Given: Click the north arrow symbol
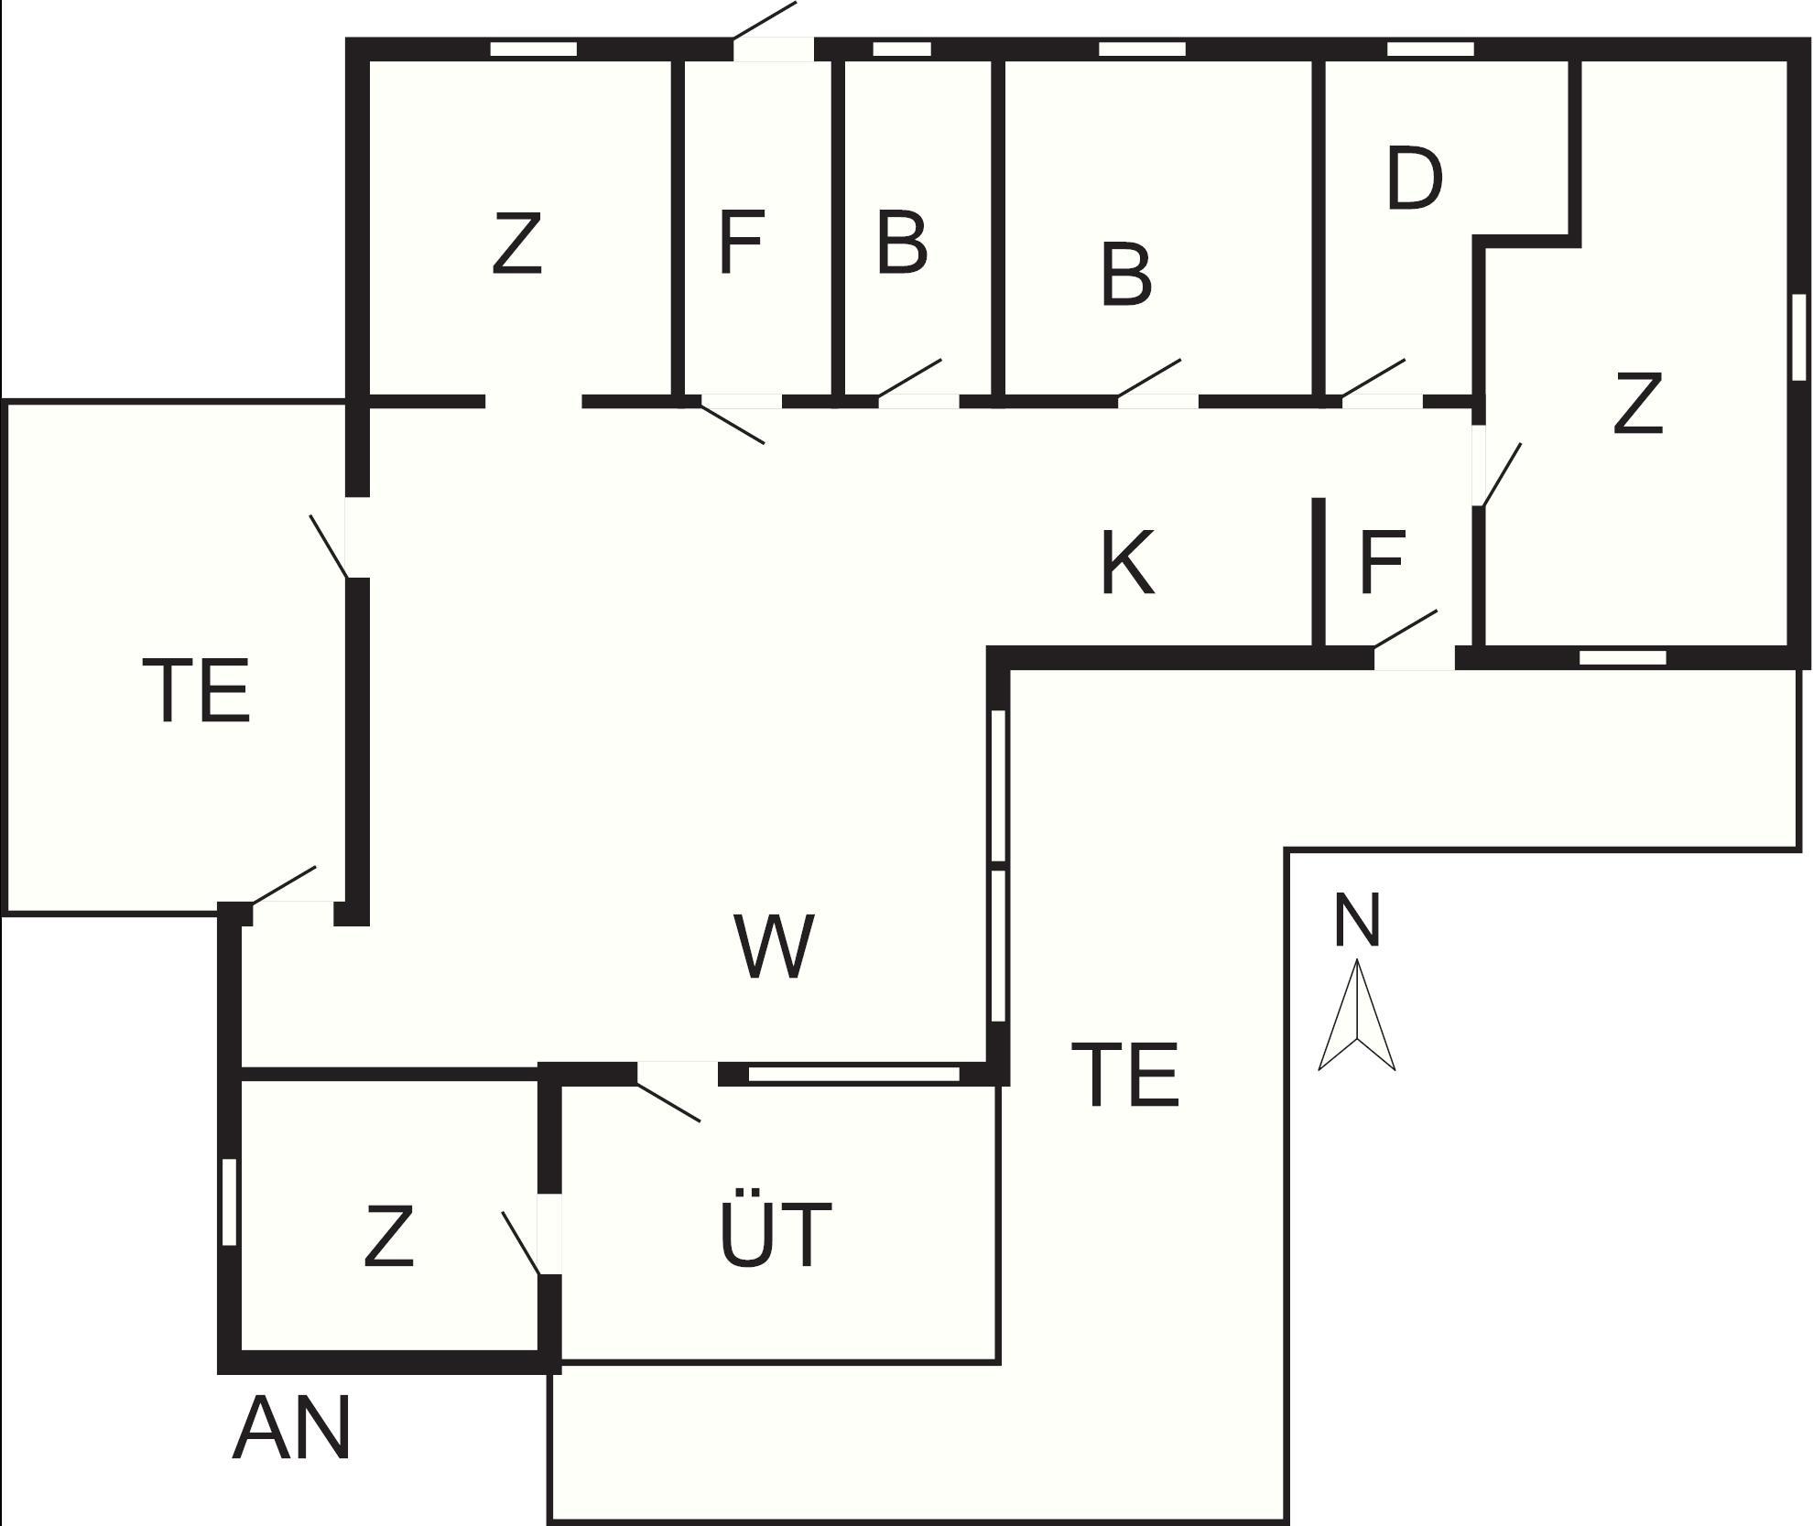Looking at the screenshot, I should [x=1356, y=1017].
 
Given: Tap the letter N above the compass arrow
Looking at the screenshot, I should [x=1356, y=920].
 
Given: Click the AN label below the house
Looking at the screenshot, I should [x=292, y=1430].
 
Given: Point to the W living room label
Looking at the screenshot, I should [x=774, y=947].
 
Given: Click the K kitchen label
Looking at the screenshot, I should [x=1126, y=563].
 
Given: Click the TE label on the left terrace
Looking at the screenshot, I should [x=196, y=691].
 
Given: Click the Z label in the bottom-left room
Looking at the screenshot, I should [x=389, y=1237].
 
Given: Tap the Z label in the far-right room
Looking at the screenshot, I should [x=1637, y=403].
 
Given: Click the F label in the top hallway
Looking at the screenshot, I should [x=741, y=243].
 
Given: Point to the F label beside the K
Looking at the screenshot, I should [x=1382, y=563].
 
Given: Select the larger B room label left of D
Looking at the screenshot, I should [x=1126, y=275].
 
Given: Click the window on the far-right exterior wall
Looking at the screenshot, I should [x=1798, y=337].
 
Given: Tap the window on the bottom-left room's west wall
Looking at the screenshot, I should [x=230, y=1202].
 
